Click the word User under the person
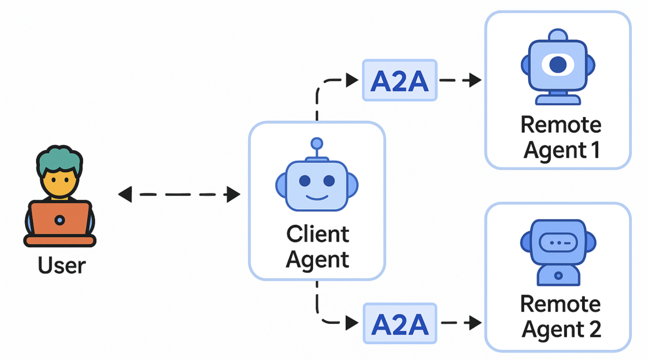pyautogui.click(x=62, y=266)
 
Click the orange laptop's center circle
pyautogui.click(x=60, y=220)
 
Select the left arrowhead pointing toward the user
pyautogui.click(x=125, y=194)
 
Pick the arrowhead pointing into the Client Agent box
pyautogui.click(x=233, y=194)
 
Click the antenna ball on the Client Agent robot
pyautogui.click(x=317, y=143)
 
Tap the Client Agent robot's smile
pyautogui.click(x=317, y=197)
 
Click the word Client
pyautogui.click(x=317, y=234)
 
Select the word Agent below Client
pyautogui.click(x=317, y=260)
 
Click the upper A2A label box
pyautogui.click(x=400, y=80)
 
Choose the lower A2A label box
pyautogui.click(x=400, y=323)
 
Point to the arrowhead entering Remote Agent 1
pyautogui.click(x=475, y=80)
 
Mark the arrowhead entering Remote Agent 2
pyautogui.click(x=475, y=323)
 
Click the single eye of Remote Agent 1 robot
pyautogui.click(x=558, y=64)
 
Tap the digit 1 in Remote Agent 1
pyautogui.click(x=596, y=150)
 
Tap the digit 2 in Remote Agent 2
pyautogui.click(x=595, y=329)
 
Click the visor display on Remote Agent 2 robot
pyautogui.click(x=558, y=243)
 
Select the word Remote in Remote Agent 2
pyautogui.click(x=560, y=304)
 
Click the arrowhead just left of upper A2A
pyautogui.click(x=351, y=80)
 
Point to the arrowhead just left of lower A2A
pyautogui.click(x=351, y=323)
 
